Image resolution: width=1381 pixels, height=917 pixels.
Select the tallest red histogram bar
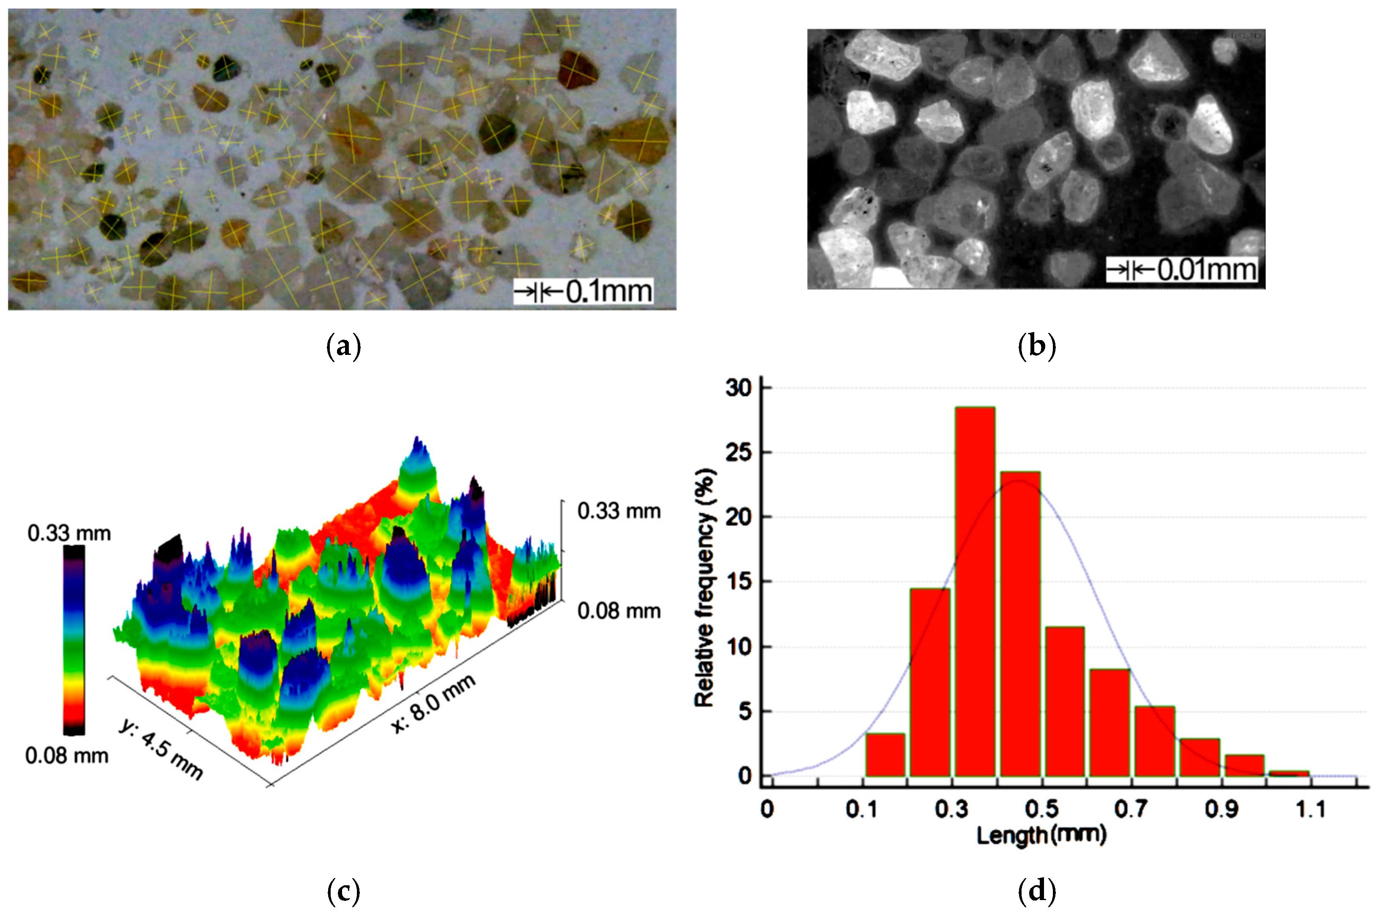[x=974, y=590]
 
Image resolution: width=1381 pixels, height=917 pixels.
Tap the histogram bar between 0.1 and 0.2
[x=885, y=755]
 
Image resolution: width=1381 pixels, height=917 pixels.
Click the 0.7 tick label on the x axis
[x=1131, y=810]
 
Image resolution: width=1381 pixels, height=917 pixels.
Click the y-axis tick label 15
[x=738, y=582]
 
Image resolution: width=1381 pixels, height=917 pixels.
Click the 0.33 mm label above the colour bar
[x=69, y=533]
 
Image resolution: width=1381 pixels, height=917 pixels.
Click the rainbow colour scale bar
[x=74, y=640]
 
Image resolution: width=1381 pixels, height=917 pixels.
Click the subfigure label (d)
[x=1037, y=891]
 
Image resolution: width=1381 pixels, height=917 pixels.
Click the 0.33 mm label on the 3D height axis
[x=619, y=511]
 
